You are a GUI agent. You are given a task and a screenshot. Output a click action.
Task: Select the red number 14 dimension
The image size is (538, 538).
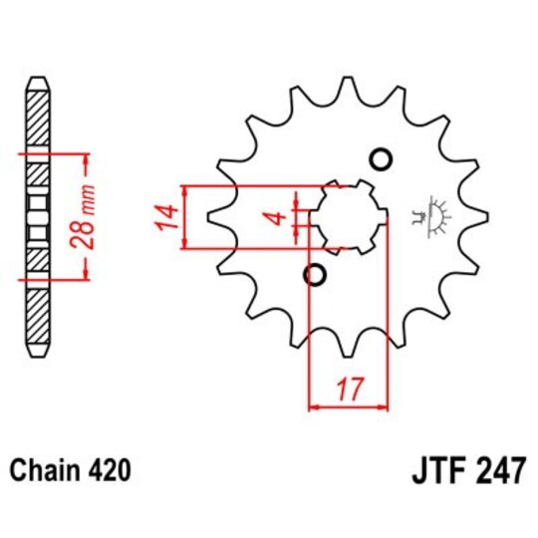coord(167,217)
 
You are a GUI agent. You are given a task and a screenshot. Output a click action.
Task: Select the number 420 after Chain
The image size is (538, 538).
coord(109,468)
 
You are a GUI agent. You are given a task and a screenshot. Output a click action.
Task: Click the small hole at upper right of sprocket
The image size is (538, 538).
coord(379,159)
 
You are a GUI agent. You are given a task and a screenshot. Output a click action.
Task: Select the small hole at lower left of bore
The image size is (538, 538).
coord(315,274)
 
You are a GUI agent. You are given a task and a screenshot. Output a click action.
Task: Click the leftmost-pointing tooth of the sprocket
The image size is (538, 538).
coord(212,217)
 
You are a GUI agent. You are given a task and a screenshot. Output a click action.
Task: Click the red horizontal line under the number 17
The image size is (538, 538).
coord(349,406)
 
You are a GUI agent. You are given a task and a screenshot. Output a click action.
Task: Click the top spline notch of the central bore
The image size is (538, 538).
coord(348,182)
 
